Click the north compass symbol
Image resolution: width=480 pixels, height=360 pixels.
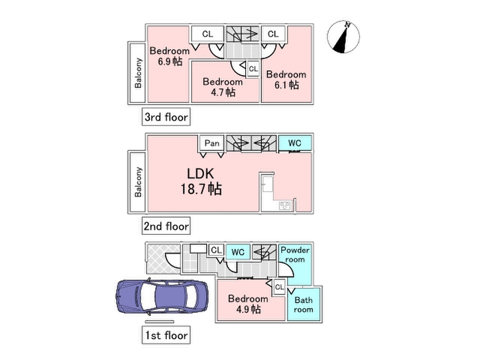click(x=343, y=37)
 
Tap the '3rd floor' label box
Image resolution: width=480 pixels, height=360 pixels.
click(x=166, y=117)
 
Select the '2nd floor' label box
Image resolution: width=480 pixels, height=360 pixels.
click(x=166, y=226)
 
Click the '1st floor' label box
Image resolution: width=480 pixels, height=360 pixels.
click(x=166, y=335)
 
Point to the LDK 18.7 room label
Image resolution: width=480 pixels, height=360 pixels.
click(x=201, y=181)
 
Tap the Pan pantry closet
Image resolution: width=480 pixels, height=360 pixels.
click(x=212, y=143)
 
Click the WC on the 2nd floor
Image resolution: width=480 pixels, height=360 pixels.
click(x=295, y=143)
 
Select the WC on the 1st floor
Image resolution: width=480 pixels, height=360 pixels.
click(x=238, y=252)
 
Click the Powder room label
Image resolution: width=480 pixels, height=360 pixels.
click(x=295, y=255)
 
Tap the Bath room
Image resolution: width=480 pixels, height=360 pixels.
click(x=303, y=304)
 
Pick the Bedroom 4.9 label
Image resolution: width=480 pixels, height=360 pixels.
click(x=248, y=304)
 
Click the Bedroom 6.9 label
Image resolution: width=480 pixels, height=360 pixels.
click(x=170, y=56)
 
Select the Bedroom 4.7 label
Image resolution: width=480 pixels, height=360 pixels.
click(x=223, y=87)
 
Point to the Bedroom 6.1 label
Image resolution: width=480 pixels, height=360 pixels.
click(x=286, y=80)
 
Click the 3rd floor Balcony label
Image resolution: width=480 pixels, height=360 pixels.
click(x=138, y=73)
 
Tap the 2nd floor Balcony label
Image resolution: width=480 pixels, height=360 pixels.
click(x=138, y=182)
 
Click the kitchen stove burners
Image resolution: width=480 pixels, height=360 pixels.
click(x=285, y=206)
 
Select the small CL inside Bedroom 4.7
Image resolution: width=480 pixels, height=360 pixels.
click(x=253, y=69)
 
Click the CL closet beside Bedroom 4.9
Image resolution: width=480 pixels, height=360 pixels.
click(x=279, y=287)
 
